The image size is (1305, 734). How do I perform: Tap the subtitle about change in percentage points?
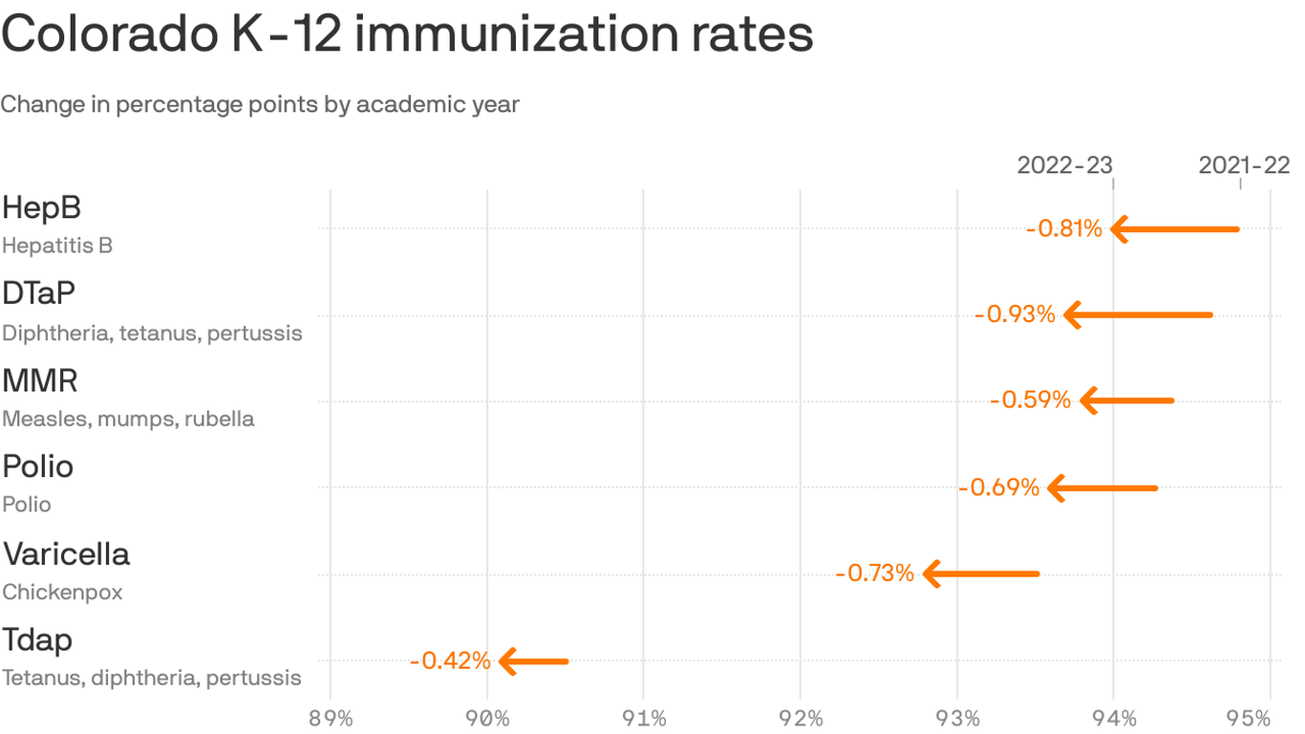[260, 104]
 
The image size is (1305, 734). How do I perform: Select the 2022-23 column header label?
[1064, 165]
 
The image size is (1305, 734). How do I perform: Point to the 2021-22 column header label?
[1244, 165]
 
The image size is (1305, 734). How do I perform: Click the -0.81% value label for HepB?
[1063, 229]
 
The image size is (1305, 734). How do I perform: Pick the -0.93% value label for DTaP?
[1015, 314]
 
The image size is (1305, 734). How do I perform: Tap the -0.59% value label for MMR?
[1030, 400]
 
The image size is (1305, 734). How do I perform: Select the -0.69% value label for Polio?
[998, 487]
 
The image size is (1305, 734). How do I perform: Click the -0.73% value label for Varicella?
[874, 573]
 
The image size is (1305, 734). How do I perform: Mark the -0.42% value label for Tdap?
[450, 660]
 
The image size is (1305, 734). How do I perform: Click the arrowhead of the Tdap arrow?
[507, 660]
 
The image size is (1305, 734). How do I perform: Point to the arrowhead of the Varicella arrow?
[932, 573]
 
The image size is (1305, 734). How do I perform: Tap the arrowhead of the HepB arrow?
[1121, 229]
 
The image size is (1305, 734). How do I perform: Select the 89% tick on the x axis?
[331, 719]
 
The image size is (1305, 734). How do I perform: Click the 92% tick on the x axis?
[800, 719]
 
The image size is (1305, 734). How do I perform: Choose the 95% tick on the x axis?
[1270, 719]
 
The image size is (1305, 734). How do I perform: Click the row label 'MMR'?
[40, 381]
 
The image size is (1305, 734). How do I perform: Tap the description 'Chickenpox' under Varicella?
[62, 593]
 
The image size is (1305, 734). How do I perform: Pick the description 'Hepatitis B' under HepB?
[57, 246]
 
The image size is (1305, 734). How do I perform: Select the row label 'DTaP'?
[38, 293]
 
